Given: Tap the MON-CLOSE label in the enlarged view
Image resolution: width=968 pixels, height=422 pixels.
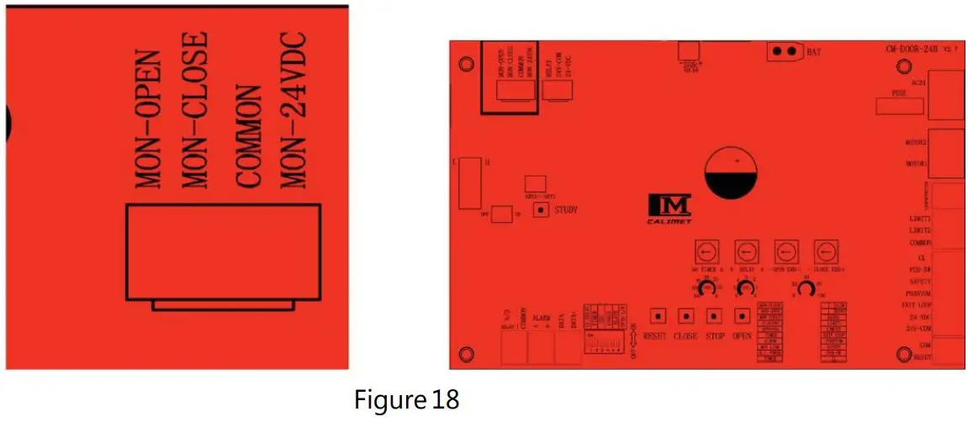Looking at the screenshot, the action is (193, 112).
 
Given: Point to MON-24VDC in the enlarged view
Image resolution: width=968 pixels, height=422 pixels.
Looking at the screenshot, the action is (294, 112).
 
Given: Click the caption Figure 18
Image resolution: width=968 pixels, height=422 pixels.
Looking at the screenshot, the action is (405, 400).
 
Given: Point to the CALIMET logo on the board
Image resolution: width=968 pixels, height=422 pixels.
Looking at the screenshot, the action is (670, 207).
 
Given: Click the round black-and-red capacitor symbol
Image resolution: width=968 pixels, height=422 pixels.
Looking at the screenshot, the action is (735, 174).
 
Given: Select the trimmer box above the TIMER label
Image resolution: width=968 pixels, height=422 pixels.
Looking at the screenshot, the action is (707, 251).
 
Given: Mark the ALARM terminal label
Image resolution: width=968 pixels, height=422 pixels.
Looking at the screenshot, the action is (540, 319).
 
